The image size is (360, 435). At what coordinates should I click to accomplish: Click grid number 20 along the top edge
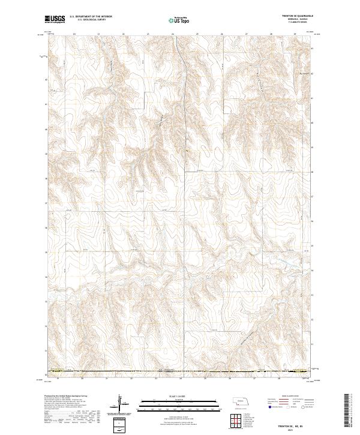[x=74, y=34]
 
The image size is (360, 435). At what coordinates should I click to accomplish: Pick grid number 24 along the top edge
[x=173, y=34]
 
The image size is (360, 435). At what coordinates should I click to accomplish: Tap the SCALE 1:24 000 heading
[x=173, y=397]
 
